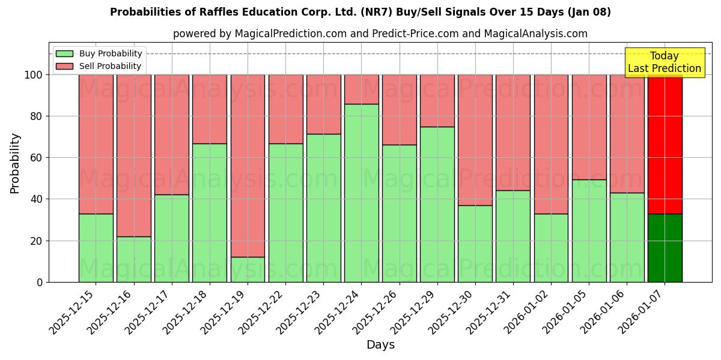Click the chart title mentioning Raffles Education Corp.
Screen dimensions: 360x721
click(x=360, y=12)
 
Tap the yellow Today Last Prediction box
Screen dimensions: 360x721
click(x=664, y=62)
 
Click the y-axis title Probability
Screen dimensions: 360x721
click(x=15, y=163)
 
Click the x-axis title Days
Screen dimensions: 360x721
click(x=380, y=344)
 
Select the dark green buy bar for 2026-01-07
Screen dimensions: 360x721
click(x=665, y=248)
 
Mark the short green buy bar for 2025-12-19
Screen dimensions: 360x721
click(x=248, y=269)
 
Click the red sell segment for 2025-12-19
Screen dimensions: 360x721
click(x=248, y=166)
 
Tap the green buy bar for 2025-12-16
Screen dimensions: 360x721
click(x=133, y=259)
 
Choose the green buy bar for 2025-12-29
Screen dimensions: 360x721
click(x=437, y=204)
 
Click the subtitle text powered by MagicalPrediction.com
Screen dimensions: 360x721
click(x=380, y=34)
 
